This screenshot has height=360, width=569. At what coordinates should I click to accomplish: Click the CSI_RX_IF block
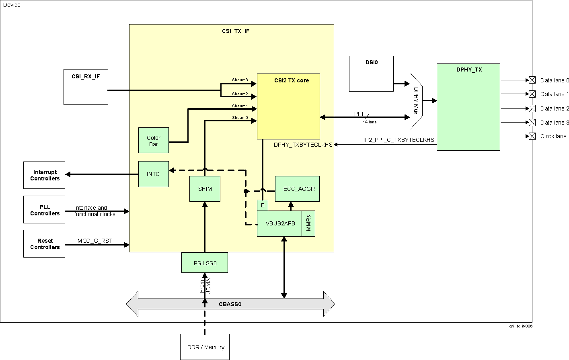pyautogui.click(x=86, y=87)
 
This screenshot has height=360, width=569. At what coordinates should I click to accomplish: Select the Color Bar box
pyautogui.click(x=153, y=141)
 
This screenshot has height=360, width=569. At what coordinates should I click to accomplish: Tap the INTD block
pyautogui.click(x=153, y=174)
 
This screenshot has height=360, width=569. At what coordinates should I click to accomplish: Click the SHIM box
pyautogui.click(x=205, y=189)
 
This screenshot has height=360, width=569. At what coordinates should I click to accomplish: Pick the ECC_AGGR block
pyautogui.click(x=297, y=189)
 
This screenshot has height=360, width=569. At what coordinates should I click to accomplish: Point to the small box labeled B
pyautogui.click(x=263, y=205)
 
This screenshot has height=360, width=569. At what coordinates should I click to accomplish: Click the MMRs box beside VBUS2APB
pyautogui.click(x=308, y=223)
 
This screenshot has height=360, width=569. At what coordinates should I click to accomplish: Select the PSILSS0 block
pyautogui.click(x=205, y=263)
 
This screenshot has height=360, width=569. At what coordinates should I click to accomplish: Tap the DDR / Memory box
pyautogui.click(x=205, y=347)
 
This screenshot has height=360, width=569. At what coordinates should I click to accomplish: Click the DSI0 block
pyautogui.click(x=371, y=74)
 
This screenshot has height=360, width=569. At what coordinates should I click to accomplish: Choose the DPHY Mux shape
pyautogui.click(x=416, y=101)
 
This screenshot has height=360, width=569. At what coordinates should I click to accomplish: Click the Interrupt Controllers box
pyautogui.click(x=44, y=175)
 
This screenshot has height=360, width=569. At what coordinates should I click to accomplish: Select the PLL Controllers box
pyautogui.click(x=44, y=210)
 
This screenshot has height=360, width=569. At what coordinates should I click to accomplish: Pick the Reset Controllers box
pyautogui.click(x=44, y=243)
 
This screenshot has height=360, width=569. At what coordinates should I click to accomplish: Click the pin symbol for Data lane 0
pyautogui.click(x=532, y=80)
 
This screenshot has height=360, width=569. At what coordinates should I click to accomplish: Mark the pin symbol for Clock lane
pyautogui.click(x=532, y=136)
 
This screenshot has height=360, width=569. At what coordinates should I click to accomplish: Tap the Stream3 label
pyautogui.click(x=240, y=80)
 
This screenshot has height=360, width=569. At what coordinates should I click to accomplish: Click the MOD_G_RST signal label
pyautogui.click(x=95, y=241)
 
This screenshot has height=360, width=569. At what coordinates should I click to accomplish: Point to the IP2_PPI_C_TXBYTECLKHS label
pyautogui.click(x=399, y=140)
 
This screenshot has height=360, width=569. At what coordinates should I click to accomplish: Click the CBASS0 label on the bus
pyautogui.click(x=230, y=304)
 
